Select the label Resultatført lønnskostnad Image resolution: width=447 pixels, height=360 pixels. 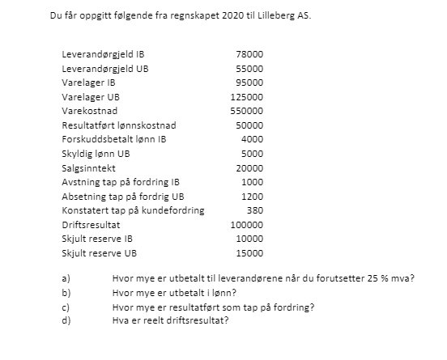(x=118, y=125)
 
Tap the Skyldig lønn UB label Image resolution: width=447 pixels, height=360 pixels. (x=95, y=154)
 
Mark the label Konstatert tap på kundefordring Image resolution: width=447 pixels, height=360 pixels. (x=133, y=210)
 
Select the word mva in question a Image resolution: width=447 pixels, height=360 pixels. (x=401, y=279)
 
